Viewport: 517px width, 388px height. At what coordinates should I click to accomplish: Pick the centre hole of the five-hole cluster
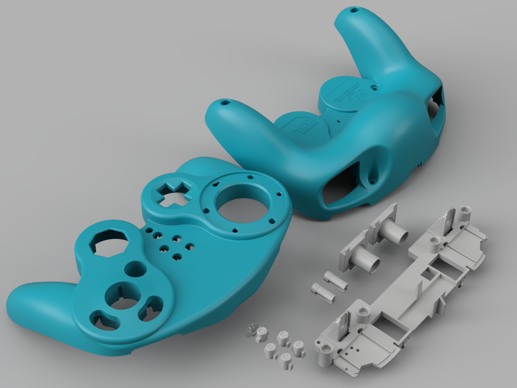164,248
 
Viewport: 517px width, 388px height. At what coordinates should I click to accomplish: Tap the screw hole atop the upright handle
354,9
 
